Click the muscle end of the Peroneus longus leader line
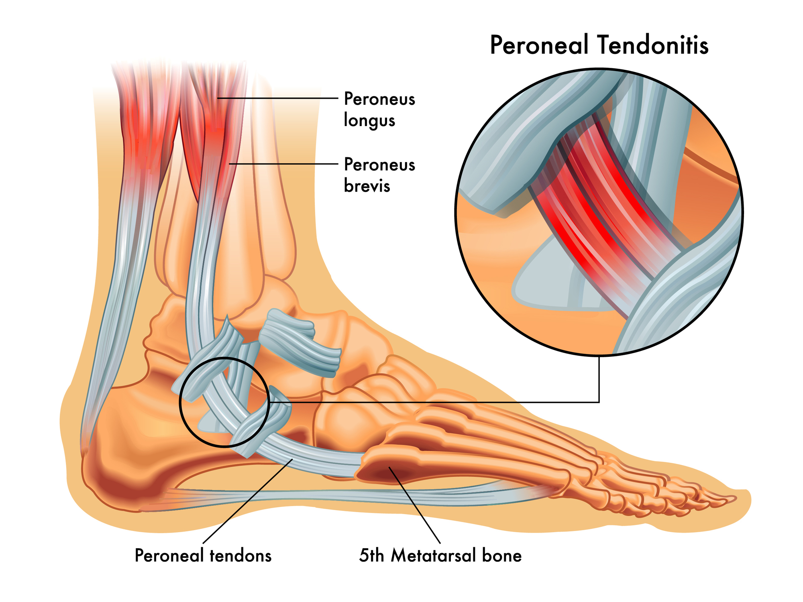[218, 98]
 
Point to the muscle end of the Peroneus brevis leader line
[229, 164]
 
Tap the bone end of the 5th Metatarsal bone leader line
[389, 467]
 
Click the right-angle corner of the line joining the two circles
[599, 402]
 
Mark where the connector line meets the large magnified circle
[599, 356]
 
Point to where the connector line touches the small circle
[268, 402]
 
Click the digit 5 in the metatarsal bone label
[364, 555]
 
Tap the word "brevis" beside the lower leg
[367, 186]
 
